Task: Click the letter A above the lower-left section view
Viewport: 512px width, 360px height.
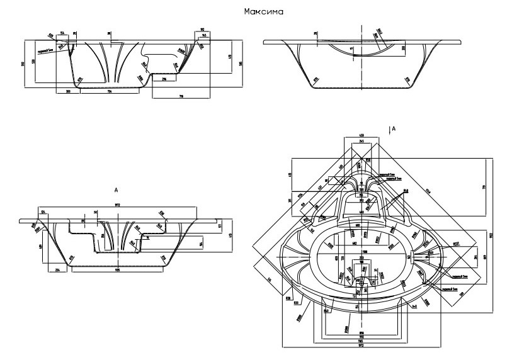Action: point(116,188)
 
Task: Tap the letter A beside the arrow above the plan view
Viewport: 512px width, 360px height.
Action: point(394,128)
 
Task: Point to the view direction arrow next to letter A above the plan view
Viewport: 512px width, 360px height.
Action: point(389,130)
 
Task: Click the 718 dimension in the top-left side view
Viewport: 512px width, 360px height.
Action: point(181,97)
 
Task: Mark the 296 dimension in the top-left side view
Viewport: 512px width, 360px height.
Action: point(164,79)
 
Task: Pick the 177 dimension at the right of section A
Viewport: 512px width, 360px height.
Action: point(220,227)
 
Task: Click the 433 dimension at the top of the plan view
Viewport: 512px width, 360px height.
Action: point(361,135)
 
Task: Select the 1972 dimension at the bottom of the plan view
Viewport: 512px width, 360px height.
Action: point(361,346)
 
